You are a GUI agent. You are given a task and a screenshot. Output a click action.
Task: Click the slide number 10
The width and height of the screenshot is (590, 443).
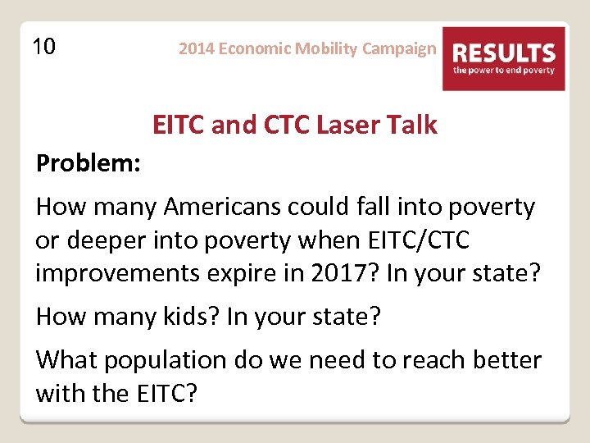point(44,47)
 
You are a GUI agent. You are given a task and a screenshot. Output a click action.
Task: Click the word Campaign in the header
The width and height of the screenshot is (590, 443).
point(399,48)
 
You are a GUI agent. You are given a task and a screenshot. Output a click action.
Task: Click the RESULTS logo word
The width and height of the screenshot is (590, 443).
point(504,54)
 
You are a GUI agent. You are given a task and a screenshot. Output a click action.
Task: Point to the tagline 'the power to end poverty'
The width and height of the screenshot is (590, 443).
point(504,71)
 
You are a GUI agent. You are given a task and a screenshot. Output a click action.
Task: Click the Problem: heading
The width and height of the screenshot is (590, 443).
point(88,163)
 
